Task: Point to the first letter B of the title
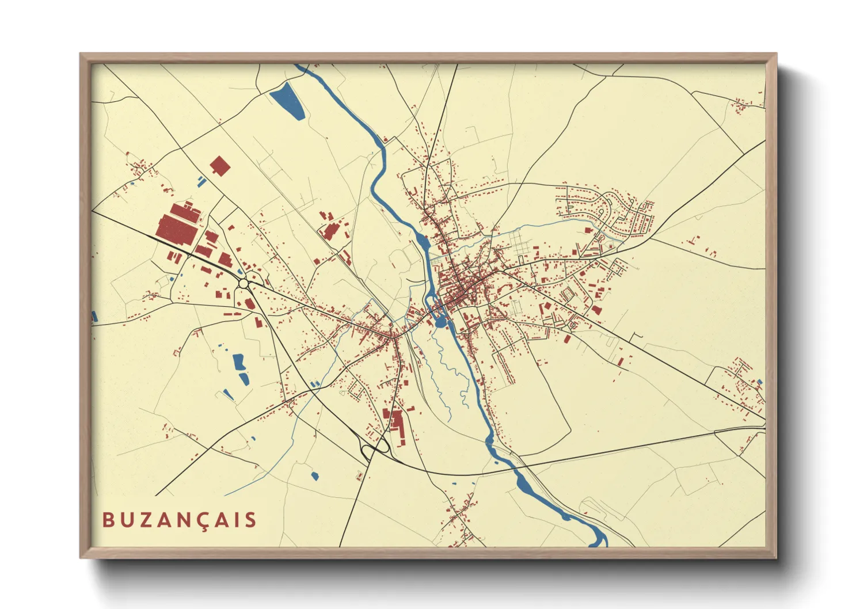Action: [x=108, y=520]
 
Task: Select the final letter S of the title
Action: [x=250, y=520]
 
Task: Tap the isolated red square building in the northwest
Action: [x=219, y=166]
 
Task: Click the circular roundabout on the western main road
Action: [x=243, y=283]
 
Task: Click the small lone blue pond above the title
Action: [x=314, y=475]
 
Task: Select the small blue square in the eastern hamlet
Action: [x=760, y=382]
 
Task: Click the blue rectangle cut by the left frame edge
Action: [x=94, y=316]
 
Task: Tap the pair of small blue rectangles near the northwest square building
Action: [x=200, y=181]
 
